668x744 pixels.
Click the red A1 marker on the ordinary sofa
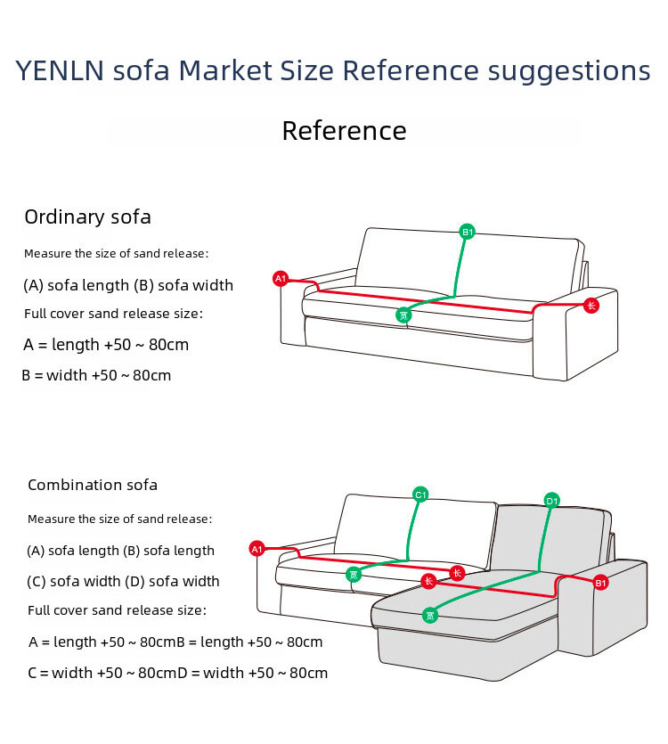click(281, 279)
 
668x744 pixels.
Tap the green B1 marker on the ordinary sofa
click(468, 232)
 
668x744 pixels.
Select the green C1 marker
click(421, 495)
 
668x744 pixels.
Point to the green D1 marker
click(552, 501)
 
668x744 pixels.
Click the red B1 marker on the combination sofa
click(601, 583)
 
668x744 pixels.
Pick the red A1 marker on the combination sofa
click(257, 549)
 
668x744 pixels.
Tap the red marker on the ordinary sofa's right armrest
click(591, 306)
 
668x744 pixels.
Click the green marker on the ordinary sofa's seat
click(403, 315)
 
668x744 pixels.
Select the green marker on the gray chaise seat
click(430, 615)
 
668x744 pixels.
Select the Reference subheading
click(344, 131)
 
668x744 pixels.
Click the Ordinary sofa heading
click(87, 217)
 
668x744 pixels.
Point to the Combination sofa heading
click(93, 485)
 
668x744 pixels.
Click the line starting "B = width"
click(96, 375)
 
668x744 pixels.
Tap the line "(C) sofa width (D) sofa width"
click(123, 581)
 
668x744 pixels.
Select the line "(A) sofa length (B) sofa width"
click(128, 285)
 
